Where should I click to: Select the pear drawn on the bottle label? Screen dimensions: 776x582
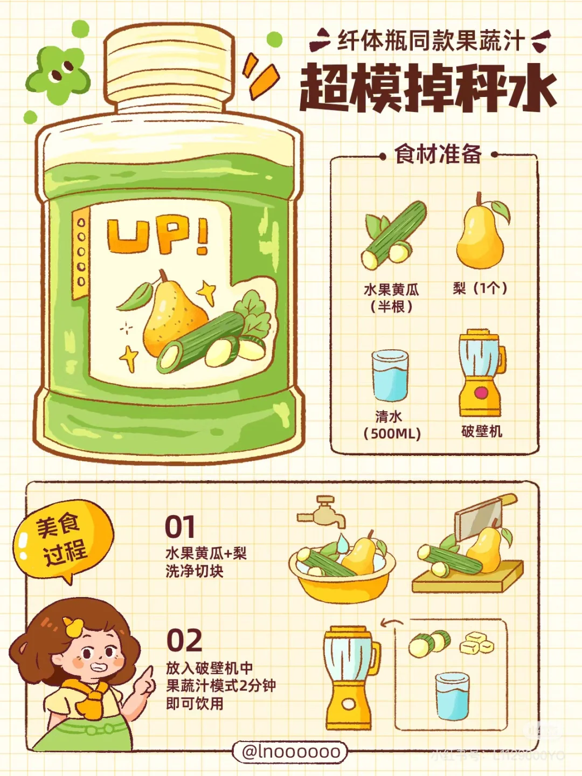(171, 315)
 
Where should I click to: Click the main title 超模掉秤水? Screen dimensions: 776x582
(427, 88)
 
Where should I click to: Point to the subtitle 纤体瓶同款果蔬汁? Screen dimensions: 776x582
(431, 41)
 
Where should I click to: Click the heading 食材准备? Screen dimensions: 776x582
(438, 155)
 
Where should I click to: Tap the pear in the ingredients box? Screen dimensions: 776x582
(480, 235)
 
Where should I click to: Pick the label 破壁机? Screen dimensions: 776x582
(481, 432)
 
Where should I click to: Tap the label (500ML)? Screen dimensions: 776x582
(392, 434)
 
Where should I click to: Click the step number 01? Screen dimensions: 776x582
(179, 526)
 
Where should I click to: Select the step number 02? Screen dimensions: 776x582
(184, 640)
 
